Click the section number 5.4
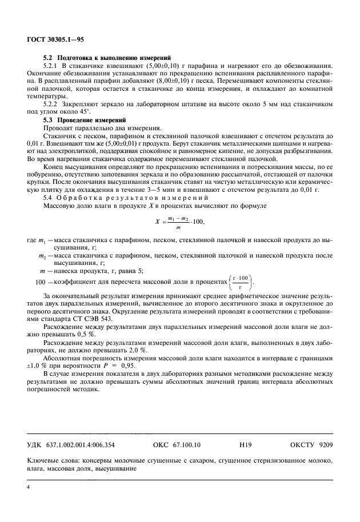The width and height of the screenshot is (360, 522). pos(50,197)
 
